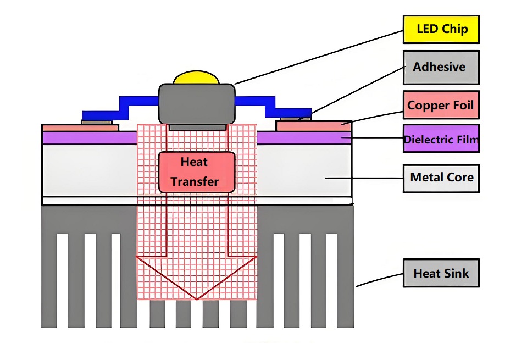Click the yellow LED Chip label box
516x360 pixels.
pos(441,29)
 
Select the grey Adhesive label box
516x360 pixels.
pos(441,67)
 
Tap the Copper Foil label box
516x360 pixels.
pos(441,105)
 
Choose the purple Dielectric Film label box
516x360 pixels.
pos(441,140)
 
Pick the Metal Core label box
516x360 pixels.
pos(441,178)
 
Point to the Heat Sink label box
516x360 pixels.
pos(441,273)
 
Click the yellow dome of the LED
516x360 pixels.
pos(197,77)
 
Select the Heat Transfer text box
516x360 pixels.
pos(197,172)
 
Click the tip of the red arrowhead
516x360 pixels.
pos(197,299)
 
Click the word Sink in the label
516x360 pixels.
pos(457,273)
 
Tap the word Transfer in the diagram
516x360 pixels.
pos(195,181)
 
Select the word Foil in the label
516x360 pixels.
pos(462,105)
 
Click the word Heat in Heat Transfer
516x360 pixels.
pos(194,162)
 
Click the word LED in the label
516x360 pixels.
pos(427,29)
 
